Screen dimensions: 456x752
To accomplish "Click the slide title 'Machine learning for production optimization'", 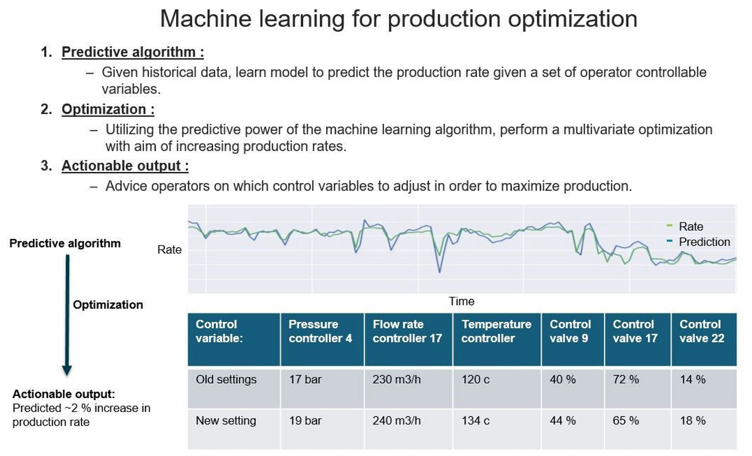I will click(398, 19).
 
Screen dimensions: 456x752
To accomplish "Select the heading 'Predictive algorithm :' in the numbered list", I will click(133, 52).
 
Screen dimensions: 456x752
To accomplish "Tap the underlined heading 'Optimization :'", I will click(108, 109).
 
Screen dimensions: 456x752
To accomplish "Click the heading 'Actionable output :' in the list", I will click(125, 166).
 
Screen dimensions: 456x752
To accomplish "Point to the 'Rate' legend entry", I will click(690, 227).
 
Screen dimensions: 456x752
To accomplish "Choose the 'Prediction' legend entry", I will click(704, 242).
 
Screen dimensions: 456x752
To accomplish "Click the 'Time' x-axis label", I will click(461, 301).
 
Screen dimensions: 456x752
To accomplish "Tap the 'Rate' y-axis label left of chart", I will click(169, 249).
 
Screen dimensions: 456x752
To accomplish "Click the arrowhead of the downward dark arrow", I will click(67, 369).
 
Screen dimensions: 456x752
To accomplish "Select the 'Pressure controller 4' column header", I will click(320, 331).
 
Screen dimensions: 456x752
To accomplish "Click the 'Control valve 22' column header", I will click(701, 331).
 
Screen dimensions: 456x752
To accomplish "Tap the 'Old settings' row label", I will click(226, 379).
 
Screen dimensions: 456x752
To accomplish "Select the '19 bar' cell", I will click(305, 420).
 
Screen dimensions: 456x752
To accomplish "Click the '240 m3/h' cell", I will click(397, 420).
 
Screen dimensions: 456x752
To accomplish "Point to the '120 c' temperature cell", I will click(475, 379).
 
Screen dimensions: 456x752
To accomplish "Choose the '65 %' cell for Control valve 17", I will click(626, 420).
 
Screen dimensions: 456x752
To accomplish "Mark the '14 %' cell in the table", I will click(693, 379).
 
